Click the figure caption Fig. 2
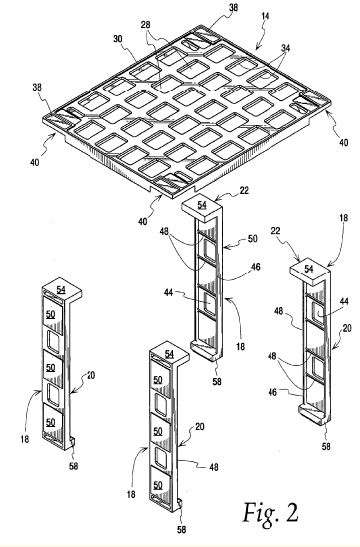pos(270,513)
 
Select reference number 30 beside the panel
pos(118,39)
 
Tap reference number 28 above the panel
pos(146,25)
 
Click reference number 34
pos(285,48)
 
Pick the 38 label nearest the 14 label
pos(233,7)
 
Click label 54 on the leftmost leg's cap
pos(61,288)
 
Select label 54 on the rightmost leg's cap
pos(309,269)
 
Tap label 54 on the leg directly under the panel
pos(202,205)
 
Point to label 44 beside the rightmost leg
pos(344,301)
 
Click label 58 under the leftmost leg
pos(73,466)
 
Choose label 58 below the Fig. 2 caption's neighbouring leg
pos(181,530)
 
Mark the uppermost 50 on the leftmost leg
pos(51,314)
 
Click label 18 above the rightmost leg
pos(344,218)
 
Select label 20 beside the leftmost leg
pos(91,375)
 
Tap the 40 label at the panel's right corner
pos(344,142)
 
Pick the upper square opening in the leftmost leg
pos(54,340)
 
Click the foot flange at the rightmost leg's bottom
pos(313,416)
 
